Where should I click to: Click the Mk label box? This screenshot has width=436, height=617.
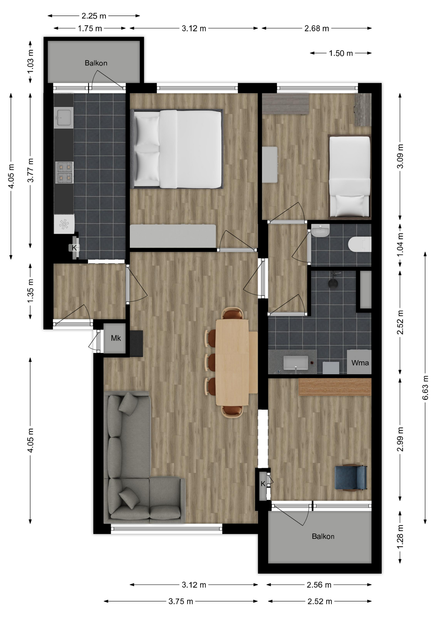coord(116,338)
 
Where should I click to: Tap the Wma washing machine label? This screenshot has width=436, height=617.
coord(360,363)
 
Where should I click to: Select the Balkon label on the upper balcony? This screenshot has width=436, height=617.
coord(96,63)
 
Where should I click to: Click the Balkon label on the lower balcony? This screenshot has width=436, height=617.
coord(323,536)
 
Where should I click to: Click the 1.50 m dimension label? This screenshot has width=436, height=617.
coord(341,53)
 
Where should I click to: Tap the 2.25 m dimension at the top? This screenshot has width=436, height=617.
coord(94,16)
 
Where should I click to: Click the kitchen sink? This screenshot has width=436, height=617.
coord(63,117)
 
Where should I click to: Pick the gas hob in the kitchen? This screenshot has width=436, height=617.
coord(64,172)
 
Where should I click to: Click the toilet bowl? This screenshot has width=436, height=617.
coord(360,244)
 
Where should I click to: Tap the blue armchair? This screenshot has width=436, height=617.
coord(351,478)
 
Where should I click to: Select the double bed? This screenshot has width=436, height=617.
coord(177,149)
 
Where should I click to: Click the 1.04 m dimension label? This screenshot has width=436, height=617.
coord(400,245)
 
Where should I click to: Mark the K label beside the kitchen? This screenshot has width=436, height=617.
coord(74,248)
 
